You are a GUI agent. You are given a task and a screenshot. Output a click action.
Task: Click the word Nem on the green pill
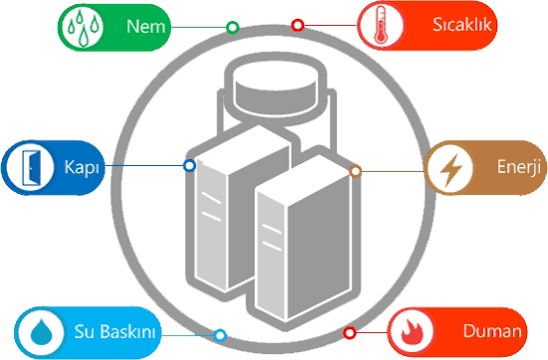(145, 27)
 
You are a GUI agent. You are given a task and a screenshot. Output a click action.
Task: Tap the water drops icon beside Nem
(84, 27)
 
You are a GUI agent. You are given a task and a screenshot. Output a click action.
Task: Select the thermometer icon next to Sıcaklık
(381, 25)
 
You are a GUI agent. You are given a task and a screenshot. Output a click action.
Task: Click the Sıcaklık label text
(461, 25)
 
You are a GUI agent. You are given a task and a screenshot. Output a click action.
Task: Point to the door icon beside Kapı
(31, 168)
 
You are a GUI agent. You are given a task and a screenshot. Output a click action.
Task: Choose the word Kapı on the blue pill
(82, 167)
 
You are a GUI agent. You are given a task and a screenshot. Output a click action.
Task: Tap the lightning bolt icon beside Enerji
(451, 170)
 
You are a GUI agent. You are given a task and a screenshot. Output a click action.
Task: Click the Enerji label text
(518, 166)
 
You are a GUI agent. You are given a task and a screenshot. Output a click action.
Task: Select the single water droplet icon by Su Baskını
(42, 332)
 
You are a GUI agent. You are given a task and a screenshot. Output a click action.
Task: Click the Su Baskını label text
(114, 331)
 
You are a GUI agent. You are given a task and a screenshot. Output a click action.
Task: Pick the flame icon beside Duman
(412, 332)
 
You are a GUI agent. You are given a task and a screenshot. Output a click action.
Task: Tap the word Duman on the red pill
(492, 331)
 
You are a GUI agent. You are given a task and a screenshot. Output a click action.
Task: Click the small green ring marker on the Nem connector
(233, 27)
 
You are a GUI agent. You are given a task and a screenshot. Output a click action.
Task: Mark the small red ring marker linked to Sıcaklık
(297, 25)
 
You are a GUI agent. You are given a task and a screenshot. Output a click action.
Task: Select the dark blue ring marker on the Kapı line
(189, 165)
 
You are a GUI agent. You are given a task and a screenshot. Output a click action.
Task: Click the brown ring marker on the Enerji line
(355, 171)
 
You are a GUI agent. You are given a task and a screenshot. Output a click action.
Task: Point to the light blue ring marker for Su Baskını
(220, 335)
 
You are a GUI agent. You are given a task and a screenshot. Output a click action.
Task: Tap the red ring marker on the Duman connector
(349, 333)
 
